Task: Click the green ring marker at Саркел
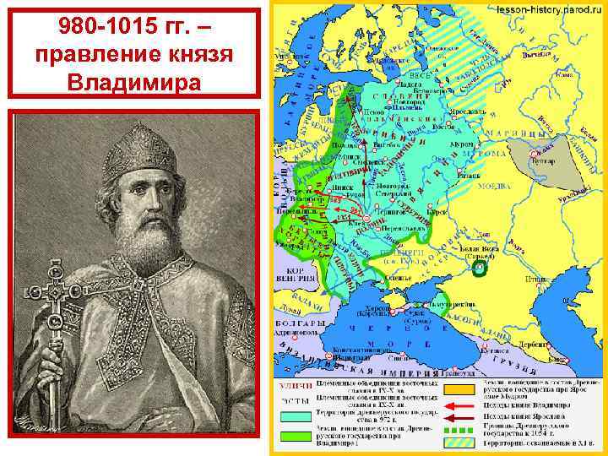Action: (480, 269)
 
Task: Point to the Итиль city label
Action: (557, 278)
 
